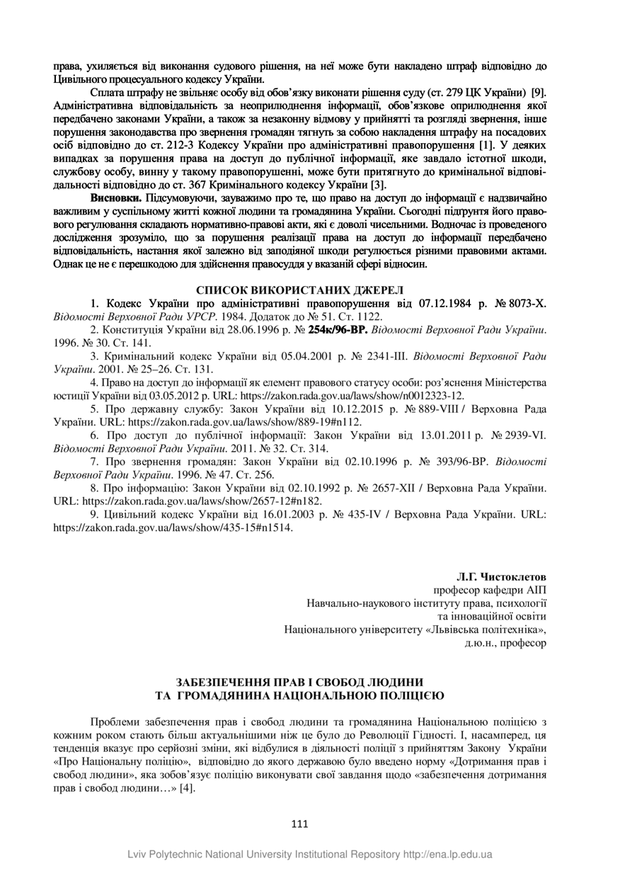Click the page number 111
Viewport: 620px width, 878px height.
(299, 823)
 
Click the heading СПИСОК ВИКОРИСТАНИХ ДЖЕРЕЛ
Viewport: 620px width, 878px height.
(299, 290)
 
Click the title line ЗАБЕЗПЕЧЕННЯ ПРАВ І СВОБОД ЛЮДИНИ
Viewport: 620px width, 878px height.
(299, 683)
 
